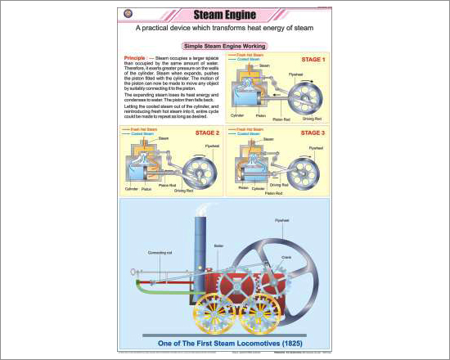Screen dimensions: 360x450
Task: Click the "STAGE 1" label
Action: pyautogui.click(x=313, y=60)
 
